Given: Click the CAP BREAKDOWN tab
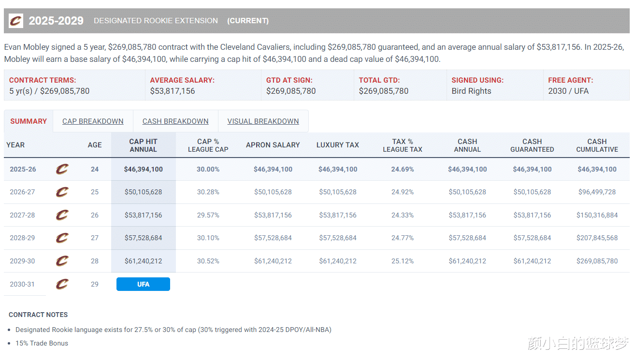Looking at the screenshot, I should pos(93,121).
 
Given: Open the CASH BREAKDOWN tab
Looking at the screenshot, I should pos(175,121).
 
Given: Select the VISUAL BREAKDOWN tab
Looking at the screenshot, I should pos(263,121).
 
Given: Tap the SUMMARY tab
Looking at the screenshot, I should pos(29,121).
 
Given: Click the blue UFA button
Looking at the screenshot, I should pos(143,284).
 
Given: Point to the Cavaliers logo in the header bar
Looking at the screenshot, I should pos(16,21).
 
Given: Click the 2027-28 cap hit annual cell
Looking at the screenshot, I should pos(143,215).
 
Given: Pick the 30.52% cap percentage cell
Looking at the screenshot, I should pos(208,261).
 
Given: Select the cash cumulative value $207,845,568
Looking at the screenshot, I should pos(597,238).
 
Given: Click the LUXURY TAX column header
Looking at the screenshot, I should pos(337,145).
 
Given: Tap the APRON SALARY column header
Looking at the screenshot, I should pos(273,145).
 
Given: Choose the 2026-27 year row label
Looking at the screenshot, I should pos(22,192).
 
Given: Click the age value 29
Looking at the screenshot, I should pos(95,284).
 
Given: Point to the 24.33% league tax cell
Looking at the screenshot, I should pos(402,215).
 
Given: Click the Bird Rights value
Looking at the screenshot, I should pos(471,91).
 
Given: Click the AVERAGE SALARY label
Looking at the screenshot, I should pos(182,80).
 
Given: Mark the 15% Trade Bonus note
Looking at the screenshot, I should pos(42,343).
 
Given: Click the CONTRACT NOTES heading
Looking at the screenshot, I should pos(38,315).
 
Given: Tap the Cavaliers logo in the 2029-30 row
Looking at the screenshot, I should pos(62,261).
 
